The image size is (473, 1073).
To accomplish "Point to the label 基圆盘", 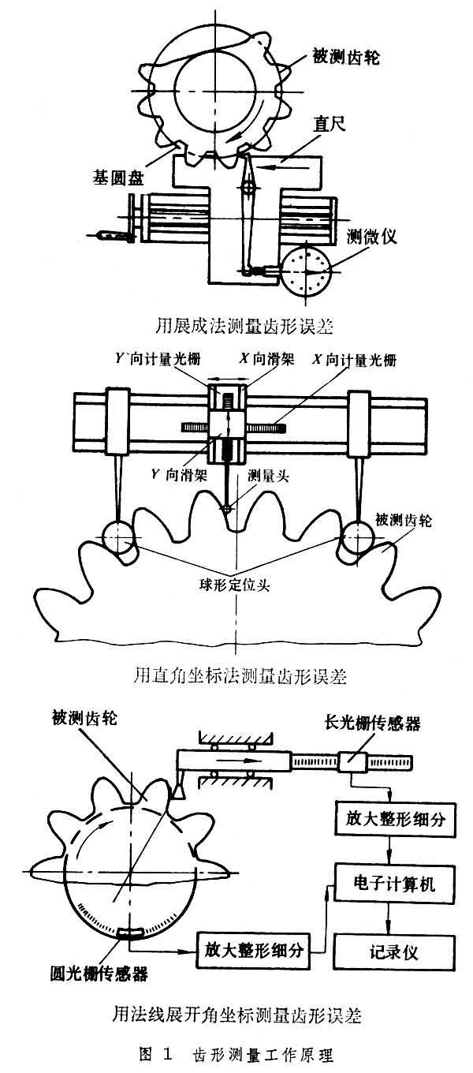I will click(114, 178).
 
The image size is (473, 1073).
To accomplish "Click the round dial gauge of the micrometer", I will click(307, 272).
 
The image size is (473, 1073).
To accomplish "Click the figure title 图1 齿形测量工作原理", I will click(236, 1056).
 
